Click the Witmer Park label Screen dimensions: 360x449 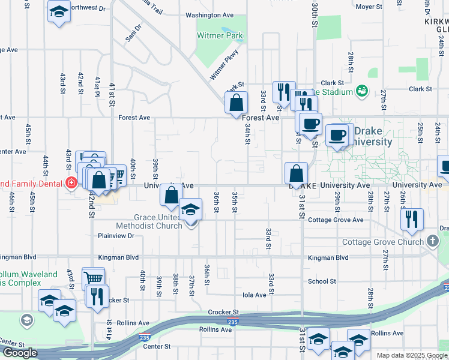pos(220,35)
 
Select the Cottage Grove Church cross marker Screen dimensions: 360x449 pos(433,242)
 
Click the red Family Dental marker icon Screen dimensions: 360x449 pos(71,182)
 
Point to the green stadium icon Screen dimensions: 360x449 pos(362,91)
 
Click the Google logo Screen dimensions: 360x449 pos(20,353)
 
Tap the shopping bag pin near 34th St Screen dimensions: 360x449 pos(237,103)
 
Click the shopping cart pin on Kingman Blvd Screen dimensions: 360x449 pos(93,278)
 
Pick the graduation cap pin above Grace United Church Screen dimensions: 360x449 pos(191,209)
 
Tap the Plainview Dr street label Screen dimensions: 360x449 pos(116,236)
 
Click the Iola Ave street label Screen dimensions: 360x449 pos(255,295)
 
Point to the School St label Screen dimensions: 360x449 pos(322,281)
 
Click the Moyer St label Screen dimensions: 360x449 pos(369,7)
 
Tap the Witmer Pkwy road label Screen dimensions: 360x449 pos(224,65)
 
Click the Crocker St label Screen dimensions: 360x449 pos(223,312)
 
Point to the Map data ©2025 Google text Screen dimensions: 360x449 pos(412,355)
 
